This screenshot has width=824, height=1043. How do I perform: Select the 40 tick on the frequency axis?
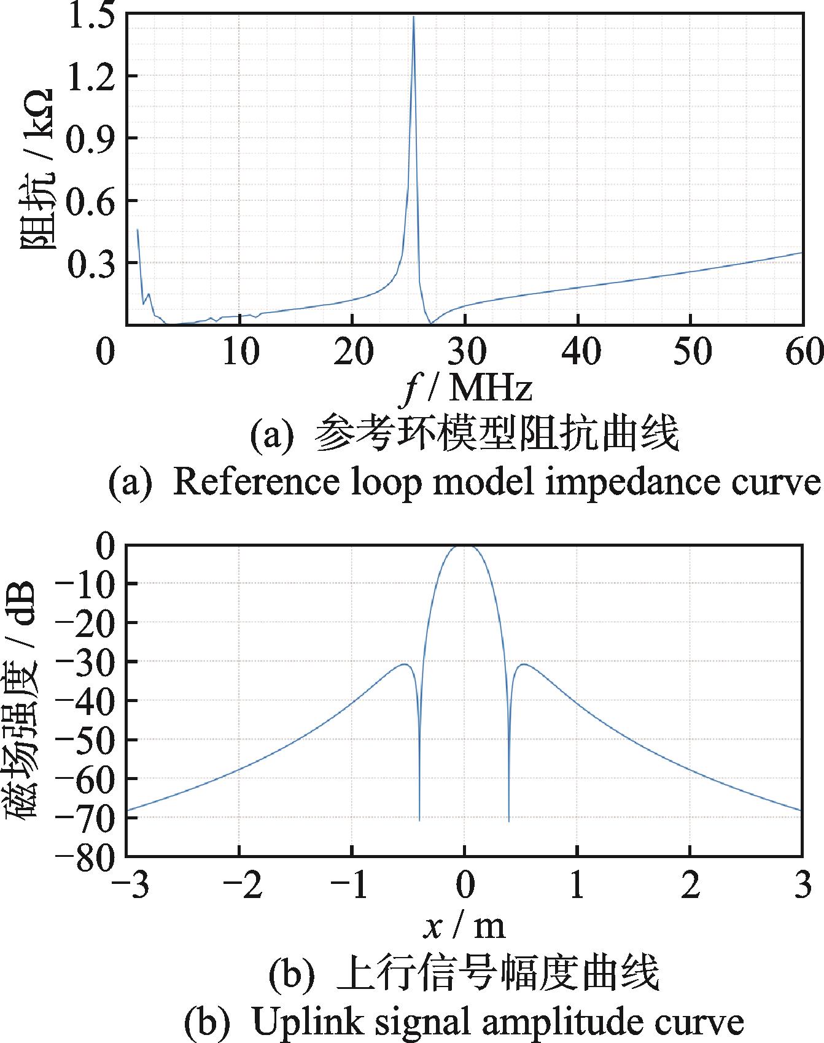[580, 353]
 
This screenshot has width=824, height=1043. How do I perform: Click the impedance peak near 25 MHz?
[414, 18]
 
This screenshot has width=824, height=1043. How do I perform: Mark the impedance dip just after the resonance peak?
[431, 322]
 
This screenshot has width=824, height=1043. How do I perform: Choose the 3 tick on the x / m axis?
[802, 886]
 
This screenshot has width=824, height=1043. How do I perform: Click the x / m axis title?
[465, 926]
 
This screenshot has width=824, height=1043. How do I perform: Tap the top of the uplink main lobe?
[464, 545]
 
